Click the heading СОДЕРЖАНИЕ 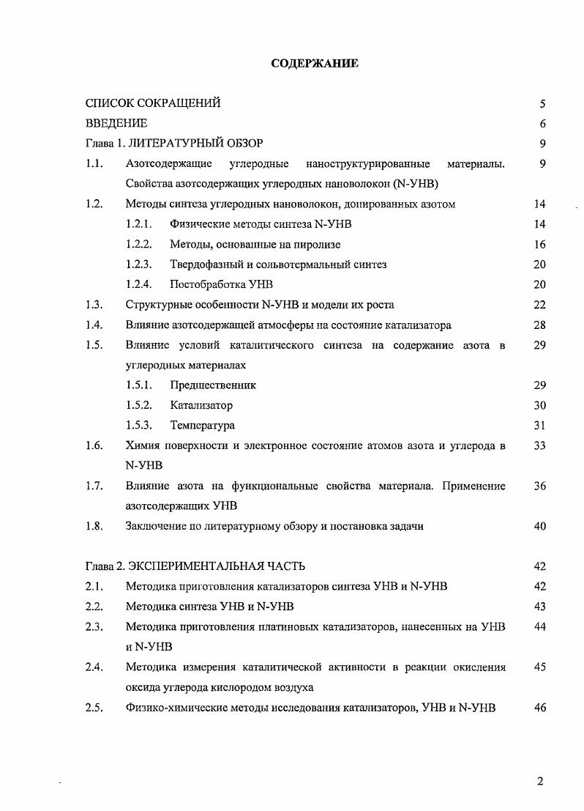point(315,64)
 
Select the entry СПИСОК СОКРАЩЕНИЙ point(153,103)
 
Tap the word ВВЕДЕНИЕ point(116,123)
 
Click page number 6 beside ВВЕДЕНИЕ point(542,124)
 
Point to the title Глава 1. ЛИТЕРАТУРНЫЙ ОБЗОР point(174,144)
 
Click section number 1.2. point(93,204)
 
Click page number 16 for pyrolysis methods point(540,245)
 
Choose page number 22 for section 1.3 point(540,305)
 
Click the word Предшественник point(213,385)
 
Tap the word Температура point(202,425)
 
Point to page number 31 point(540,425)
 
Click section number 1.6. point(93,445)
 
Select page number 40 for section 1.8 point(540,526)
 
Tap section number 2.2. point(93,607)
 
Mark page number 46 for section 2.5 point(540,708)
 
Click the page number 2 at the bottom point(540,781)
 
